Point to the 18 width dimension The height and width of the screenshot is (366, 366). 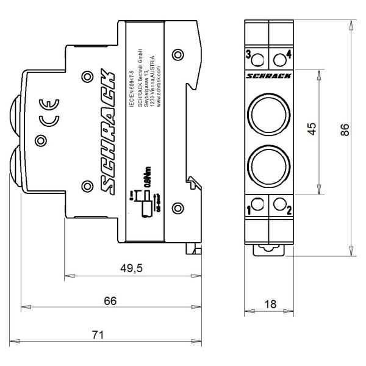[270, 304]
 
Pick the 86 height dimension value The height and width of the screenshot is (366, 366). [345, 131]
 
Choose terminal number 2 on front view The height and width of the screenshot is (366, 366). [288, 211]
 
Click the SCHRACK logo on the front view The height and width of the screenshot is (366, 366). [268, 76]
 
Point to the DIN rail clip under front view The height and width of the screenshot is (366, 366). [268, 249]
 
